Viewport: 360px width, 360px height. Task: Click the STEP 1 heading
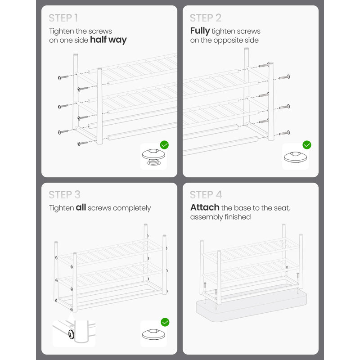63,18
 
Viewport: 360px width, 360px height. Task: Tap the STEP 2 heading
206,18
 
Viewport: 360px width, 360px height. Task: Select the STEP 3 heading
64,195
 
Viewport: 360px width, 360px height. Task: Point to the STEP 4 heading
206,195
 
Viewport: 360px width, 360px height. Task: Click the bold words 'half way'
108,40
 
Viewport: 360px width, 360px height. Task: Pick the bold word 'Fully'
200,31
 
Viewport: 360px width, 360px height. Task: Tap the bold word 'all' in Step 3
81,207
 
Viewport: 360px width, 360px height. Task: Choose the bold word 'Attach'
205,207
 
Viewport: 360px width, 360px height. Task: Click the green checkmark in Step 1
164,145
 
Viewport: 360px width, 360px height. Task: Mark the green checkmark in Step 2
307,145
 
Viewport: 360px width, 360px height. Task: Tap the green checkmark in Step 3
165,322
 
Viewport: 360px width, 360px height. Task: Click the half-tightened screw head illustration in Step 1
153,157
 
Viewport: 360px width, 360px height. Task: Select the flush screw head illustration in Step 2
295,157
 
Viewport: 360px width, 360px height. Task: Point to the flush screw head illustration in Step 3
153,334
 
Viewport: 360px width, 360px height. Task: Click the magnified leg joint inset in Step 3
74,333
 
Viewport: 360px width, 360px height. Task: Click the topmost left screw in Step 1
63,77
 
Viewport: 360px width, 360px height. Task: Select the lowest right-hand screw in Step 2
284,133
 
